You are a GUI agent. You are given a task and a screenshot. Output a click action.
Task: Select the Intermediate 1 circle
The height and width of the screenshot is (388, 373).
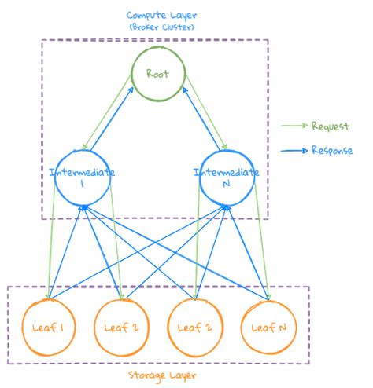point(83,180)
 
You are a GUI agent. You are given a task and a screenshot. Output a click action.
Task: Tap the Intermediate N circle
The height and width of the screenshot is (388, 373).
point(227,180)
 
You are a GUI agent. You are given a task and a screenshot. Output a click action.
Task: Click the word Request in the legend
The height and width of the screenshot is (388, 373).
point(330,126)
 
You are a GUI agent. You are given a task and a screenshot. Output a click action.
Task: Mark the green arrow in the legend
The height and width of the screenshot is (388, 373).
point(294,126)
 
